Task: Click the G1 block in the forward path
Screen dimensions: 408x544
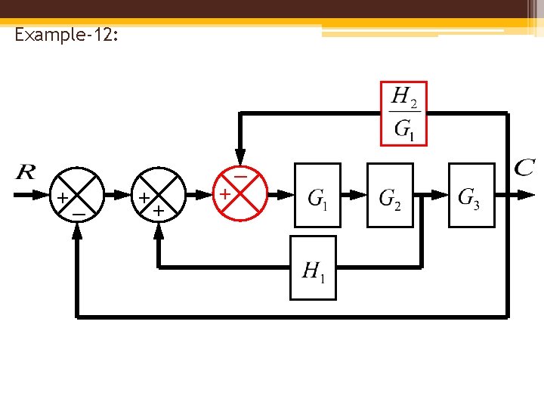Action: click(x=317, y=195)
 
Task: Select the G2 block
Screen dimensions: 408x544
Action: click(x=390, y=195)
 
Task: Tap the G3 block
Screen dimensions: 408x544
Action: click(x=471, y=195)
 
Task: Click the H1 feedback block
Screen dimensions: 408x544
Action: click(x=314, y=267)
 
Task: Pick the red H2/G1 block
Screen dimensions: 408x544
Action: click(x=403, y=113)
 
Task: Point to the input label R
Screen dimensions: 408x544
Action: click(x=25, y=172)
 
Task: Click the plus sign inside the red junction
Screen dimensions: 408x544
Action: click(x=224, y=195)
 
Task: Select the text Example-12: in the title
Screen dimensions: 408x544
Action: click(x=66, y=35)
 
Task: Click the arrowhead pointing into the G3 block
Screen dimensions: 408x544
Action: click(x=440, y=195)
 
